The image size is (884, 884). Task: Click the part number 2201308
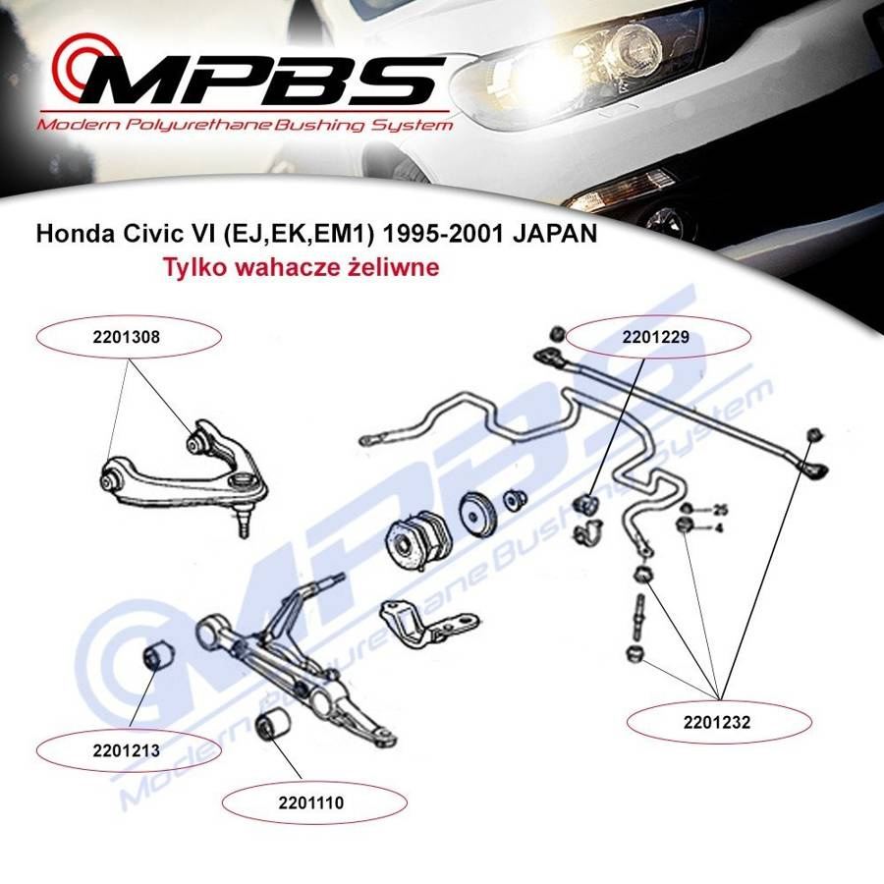coord(128,337)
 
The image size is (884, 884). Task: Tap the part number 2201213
coord(127,751)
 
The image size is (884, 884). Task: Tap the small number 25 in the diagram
coord(720,510)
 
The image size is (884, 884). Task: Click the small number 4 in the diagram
coord(718,527)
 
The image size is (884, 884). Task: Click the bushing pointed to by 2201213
coord(158,654)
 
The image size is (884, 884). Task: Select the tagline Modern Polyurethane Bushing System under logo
coord(245,125)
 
